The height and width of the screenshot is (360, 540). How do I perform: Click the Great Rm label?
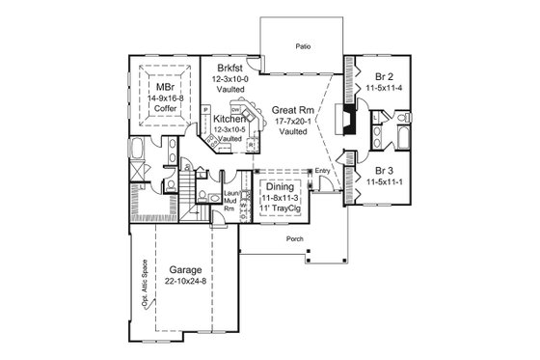coord(290,109)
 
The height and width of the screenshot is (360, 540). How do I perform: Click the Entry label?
coord(322,172)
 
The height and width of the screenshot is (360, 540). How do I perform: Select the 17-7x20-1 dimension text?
coord(291,122)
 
